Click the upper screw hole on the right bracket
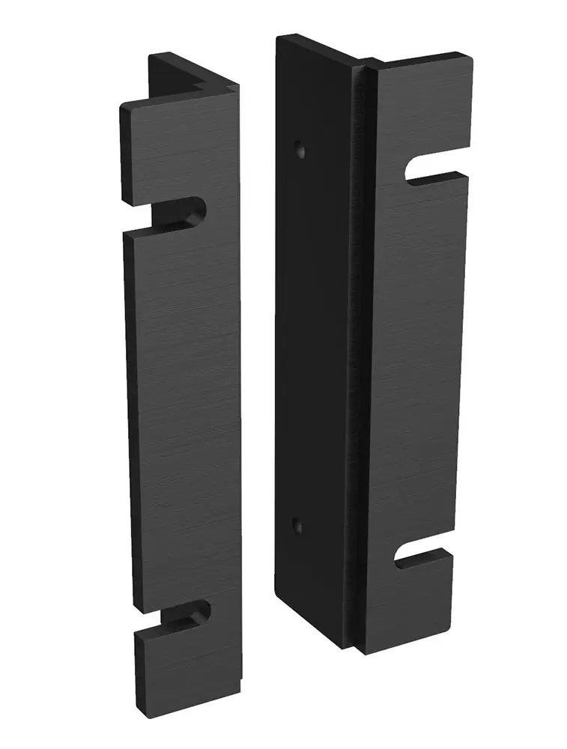click(301, 148)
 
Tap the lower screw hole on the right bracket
click(297, 523)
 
